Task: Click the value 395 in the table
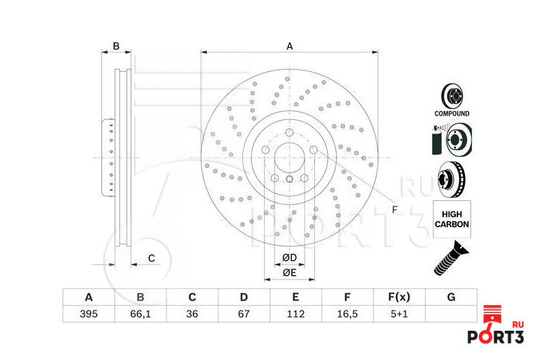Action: pyautogui.click(x=88, y=314)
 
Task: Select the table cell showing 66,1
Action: pyautogui.click(x=140, y=314)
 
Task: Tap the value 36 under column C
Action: pyautogui.click(x=192, y=314)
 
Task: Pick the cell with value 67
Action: pyautogui.click(x=244, y=314)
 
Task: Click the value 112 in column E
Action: pyautogui.click(x=295, y=314)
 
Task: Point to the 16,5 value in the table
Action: pyautogui.click(x=347, y=314)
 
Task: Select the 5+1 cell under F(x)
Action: pyautogui.click(x=399, y=314)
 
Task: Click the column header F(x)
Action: pyautogui.click(x=399, y=297)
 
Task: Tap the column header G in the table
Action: pyautogui.click(x=451, y=297)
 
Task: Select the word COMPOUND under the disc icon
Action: pyautogui.click(x=452, y=114)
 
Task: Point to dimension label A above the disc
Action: pyautogui.click(x=289, y=46)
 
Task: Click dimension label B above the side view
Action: pyautogui.click(x=116, y=46)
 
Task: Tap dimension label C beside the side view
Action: pyautogui.click(x=151, y=258)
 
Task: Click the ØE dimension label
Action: pyautogui.click(x=289, y=273)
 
